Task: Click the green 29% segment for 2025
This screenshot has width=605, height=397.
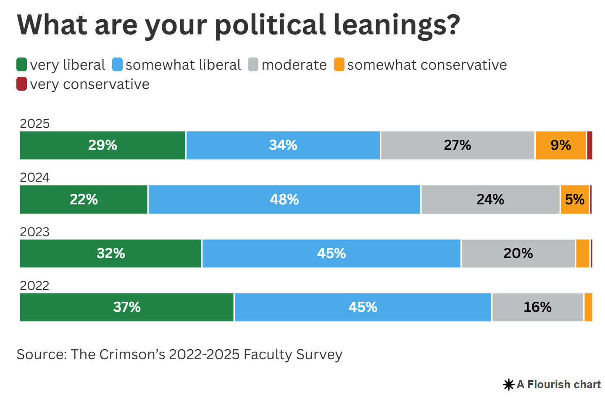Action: [103, 145]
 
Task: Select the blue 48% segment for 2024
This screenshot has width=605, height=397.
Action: [284, 199]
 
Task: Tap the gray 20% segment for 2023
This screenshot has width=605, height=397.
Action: [518, 253]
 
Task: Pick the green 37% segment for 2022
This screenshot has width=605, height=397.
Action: [126, 307]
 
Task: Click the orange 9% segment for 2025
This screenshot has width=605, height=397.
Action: [560, 145]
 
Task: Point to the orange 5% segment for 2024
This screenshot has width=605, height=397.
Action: [574, 199]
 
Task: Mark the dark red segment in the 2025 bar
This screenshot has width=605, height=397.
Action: [589, 145]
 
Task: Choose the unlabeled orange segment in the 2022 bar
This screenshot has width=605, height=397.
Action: [588, 307]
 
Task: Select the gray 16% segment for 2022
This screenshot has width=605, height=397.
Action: [537, 307]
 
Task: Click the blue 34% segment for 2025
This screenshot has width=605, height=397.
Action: [283, 145]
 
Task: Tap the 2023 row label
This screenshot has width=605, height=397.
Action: [34, 232]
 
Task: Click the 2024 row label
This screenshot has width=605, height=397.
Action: [34, 178]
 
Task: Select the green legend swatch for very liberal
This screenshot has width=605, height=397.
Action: [22, 65]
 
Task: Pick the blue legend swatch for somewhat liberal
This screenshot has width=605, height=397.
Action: [118, 65]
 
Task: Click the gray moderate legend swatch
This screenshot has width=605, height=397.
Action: [253, 65]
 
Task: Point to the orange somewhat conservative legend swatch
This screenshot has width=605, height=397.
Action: [339, 65]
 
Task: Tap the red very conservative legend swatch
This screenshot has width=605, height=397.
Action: [22, 84]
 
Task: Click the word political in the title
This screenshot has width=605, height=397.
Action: [270, 25]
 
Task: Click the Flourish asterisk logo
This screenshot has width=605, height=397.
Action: [509, 384]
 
